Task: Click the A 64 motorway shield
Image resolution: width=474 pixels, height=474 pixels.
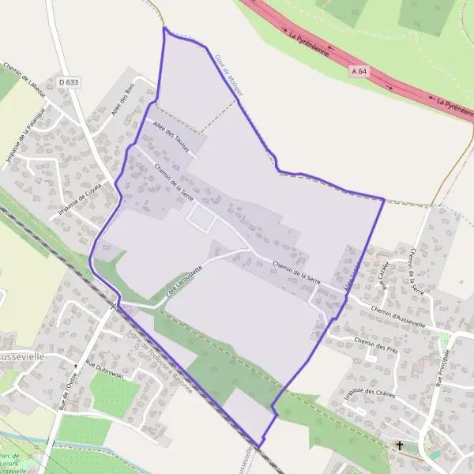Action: tap(359, 72)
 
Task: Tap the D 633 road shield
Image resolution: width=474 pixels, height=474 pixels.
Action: tap(70, 81)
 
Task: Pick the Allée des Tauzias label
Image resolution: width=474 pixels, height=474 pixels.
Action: tap(168, 135)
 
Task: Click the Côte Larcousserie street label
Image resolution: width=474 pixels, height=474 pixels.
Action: tap(184, 281)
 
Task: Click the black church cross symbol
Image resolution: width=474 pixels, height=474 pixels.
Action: tap(400, 446)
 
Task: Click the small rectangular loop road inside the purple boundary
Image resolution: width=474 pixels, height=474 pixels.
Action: tap(200, 219)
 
